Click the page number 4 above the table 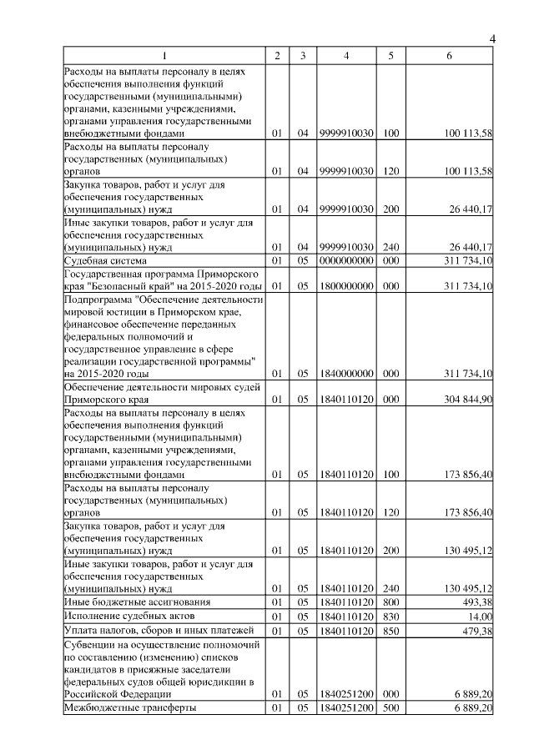[492, 40]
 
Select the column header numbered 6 [451, 56]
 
